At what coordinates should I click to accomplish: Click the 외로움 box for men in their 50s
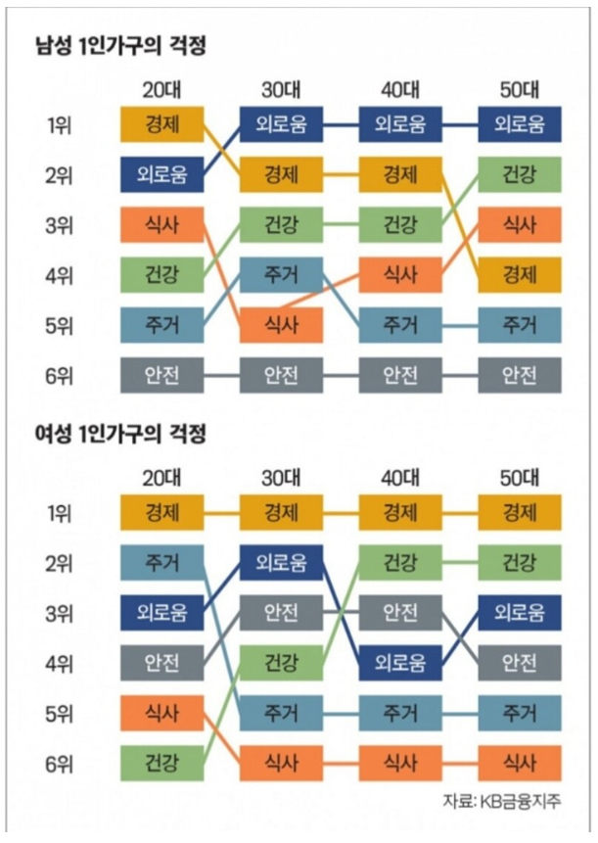coord(519,124)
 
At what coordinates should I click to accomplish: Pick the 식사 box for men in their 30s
coord(281,323)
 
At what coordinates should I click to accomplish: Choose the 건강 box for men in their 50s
coord(519,174)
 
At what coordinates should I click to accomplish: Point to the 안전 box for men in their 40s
coord(400,373)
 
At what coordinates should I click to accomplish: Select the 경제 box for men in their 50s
coord(519,273)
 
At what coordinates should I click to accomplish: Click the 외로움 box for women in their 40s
coord(400,661)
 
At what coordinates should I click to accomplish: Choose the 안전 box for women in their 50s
coord(519,661)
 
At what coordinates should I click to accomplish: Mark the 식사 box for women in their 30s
coord(281,760)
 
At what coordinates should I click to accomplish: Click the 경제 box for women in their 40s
coord(400,512)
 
